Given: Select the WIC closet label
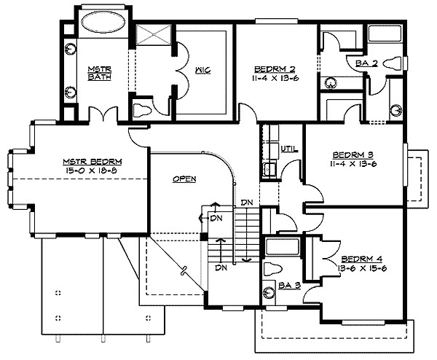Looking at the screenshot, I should coord(202,71).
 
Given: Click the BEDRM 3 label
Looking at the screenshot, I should coord(353,154).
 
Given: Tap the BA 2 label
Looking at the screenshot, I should coord(366,63).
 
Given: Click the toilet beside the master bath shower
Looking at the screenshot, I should coord(142,109).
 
